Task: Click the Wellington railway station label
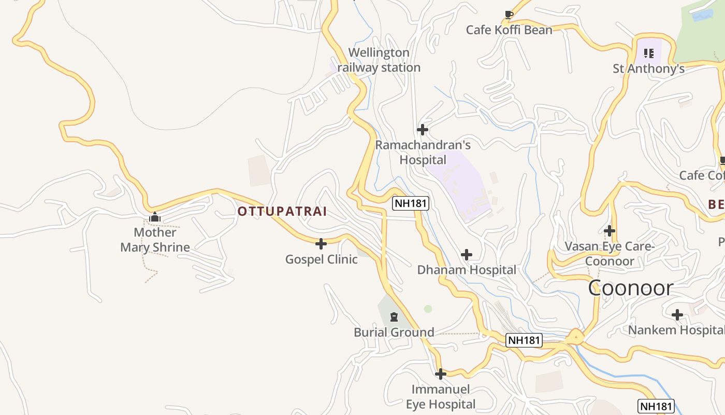click(x=379, y=60)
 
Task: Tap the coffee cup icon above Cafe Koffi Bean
click(x=509, y=15)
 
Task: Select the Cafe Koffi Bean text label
click(x=509, y=30)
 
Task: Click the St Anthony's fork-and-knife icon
click(x=649, y=53)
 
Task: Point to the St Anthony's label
click(x=648, y=68)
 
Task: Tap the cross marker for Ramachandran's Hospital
click(x=423, y=130)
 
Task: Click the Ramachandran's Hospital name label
click(x=423, y=153)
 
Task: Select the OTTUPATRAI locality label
click(x=282, y=212)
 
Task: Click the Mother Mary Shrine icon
click(x=154, y=217)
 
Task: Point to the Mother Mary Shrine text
click(x=155, y=240)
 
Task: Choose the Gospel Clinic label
click(x=321, y=259)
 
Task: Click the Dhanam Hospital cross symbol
click(x=467, y=255)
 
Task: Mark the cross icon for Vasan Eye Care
click(x=610, y=231)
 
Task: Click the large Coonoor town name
click(x=630, y=288)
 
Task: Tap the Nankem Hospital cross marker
click(x=677, y=315)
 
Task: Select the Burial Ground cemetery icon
click(x=394, y=317)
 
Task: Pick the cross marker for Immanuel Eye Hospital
click(x=441, y=374)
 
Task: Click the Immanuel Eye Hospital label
click(x=440, y=397)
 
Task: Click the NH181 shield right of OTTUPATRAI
click(x=411, y=203)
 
